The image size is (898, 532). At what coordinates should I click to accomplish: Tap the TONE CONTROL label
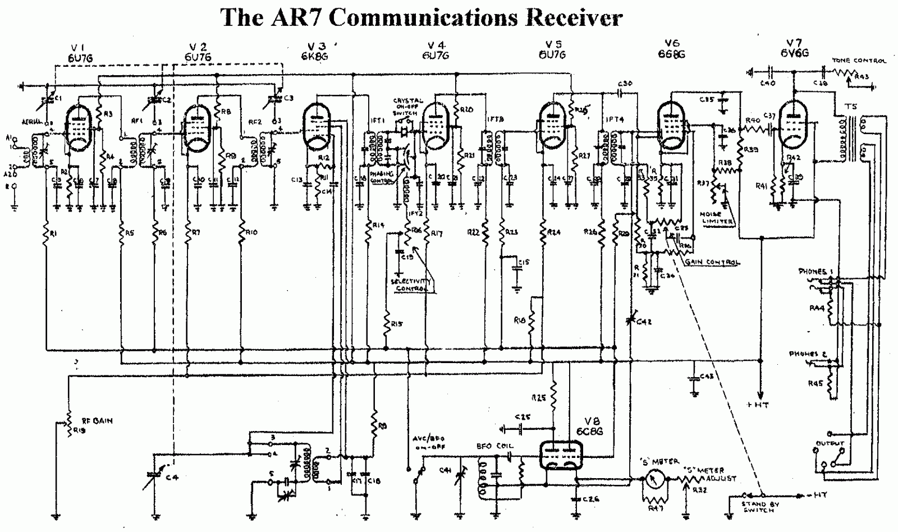click(859, 61)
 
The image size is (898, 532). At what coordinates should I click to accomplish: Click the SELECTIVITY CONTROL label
click(413, 285)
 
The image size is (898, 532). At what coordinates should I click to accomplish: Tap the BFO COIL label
click(495, 446)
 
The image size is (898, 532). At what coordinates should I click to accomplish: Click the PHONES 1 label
click(815, 272)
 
